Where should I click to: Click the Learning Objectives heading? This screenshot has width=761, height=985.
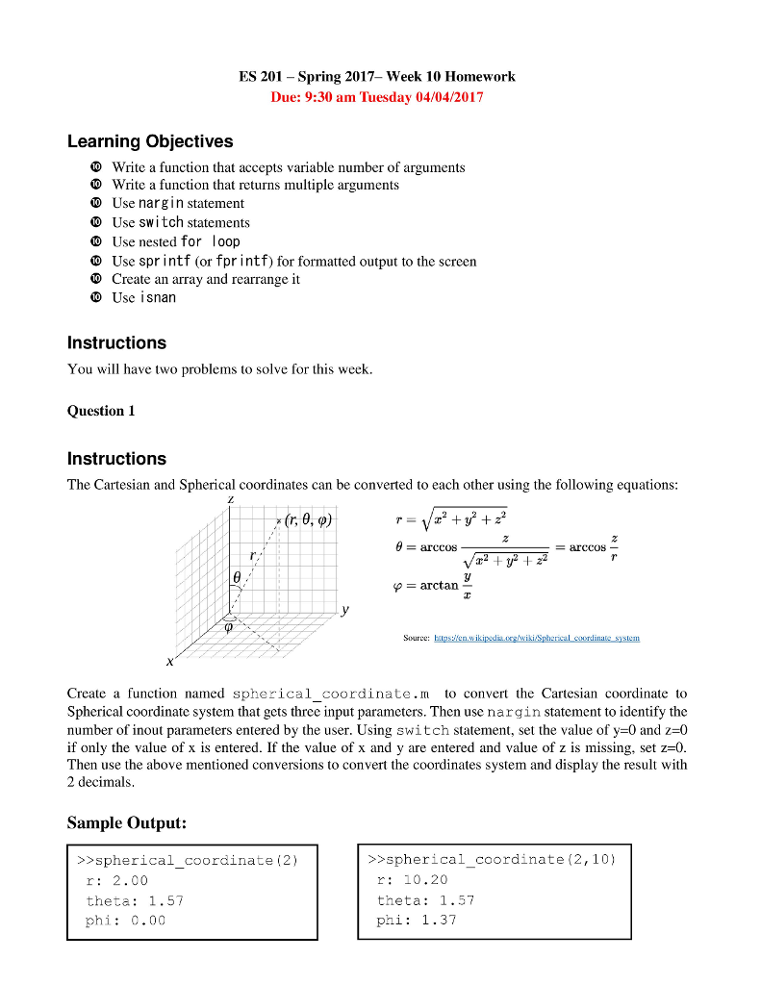(150, 141)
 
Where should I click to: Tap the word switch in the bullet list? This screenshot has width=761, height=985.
(161, 222)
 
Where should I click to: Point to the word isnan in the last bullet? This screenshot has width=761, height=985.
(158, 297)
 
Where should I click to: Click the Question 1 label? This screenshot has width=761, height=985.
(101, 411)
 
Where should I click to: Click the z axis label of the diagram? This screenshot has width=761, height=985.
(230, 500)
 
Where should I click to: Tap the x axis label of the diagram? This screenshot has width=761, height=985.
(170, 662)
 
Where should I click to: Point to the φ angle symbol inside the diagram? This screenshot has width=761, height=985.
(229, 625)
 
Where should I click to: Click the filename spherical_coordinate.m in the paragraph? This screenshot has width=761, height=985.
(332, 694)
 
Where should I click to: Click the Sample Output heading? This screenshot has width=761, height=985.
(126, 822)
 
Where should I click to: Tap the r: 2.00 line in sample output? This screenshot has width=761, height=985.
(117, 880)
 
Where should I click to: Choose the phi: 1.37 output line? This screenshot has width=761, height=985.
(417, 920)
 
